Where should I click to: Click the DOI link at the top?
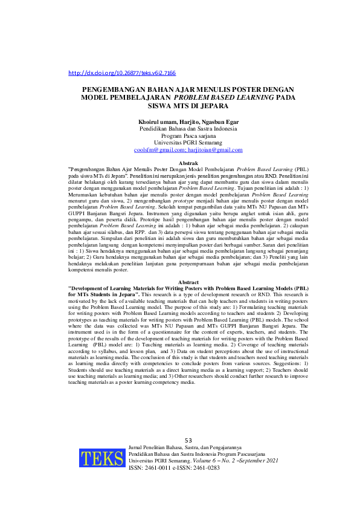tap(122, 73)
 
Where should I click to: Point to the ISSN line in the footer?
tap(175, 467)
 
